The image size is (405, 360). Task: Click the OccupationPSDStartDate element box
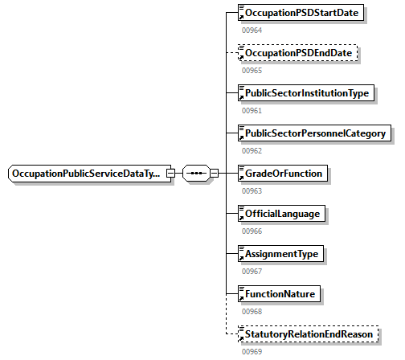[x=301, y=14]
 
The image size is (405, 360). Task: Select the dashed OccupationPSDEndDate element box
[x=298, y=54]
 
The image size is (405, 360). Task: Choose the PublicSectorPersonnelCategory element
[x=314, y=133]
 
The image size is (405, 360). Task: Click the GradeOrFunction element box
[x=284, y=174]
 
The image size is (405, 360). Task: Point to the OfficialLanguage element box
[x=284, y=214]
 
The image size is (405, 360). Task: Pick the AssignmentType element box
[x=281, y=254]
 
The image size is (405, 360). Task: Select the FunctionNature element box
[x=280, y=294]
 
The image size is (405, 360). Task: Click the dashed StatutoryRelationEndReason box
[x=309, y=334]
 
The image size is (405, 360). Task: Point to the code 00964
[x=252, y=31]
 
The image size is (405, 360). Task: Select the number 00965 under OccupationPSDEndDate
[x=252, y=71]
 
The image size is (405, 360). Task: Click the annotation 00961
[x=252, y=111]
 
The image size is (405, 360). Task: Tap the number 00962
[x=252, y=150]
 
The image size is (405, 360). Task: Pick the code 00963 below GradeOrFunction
[x=252, y=190]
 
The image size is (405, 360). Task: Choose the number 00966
[x=252, y=231]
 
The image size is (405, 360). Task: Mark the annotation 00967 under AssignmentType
[x=252, y=271]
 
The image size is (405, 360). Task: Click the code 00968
[x=252, y=311]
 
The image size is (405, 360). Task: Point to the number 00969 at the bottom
[x=252, y=351]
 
